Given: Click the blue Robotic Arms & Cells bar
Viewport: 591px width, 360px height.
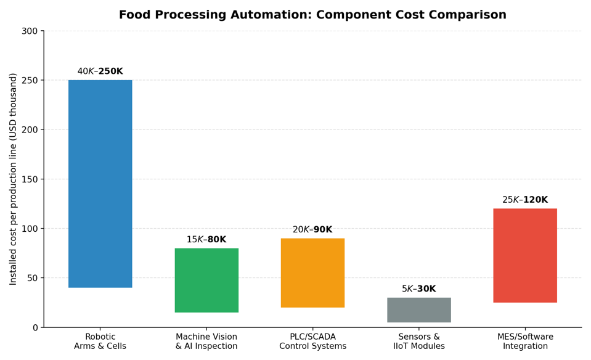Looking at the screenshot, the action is pyautogui.click(x=100, y=184).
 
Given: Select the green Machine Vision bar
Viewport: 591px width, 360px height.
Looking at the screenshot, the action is pyautogui.click(x=206, y=280).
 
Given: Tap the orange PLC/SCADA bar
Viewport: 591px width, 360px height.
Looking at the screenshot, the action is pyautogui.click(x=312, y=273).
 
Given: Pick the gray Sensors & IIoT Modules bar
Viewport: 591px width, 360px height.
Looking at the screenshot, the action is pyautogui.click(x=418, y=310).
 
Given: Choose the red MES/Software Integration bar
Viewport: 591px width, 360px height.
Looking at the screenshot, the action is pyautogui.click(x=525, y=256).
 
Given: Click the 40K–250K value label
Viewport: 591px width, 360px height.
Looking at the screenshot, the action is pyautogui.click(x=100, y=72).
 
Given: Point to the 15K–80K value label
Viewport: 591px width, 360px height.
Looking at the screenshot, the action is pyautogui.click(x=206, y=239).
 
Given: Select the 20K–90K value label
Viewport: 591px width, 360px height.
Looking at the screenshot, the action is pyautogui.click(x=312, y=229).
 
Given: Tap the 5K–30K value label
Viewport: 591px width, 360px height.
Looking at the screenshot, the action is pyautogui.click(x=418, y=288).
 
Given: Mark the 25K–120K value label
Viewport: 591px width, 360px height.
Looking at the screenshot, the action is pyautogui.click(x=525, y=200).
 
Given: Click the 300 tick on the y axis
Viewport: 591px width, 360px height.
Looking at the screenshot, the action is pyautogui.click(x=30, y=31).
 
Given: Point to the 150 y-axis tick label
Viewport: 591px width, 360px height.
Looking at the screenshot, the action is pyautogui.click(x=30, y=179).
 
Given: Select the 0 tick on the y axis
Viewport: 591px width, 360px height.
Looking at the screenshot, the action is pyautogui.click(x=35, y=328).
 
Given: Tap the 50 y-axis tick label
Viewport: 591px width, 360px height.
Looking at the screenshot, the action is pyautogui.click(x=33, y=278).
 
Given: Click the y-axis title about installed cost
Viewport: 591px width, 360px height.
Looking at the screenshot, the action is pyautogui.click(x=13, y=179).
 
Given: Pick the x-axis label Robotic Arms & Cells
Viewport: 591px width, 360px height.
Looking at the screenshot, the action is pyautogui.click(x=100, y=341).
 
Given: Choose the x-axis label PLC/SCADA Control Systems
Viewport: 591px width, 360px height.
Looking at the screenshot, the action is pyautogui.click(x=312, y=341).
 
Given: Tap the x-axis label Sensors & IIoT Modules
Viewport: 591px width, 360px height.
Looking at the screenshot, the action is pyautogui.click(x=418, y=341).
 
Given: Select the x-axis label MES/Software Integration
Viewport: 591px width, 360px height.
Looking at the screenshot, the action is pyautogui.click(x=525, y=341).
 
